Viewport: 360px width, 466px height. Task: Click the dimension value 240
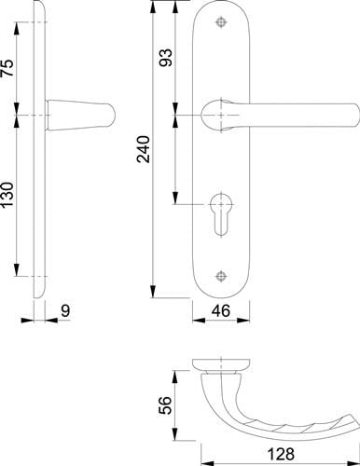[144, 149]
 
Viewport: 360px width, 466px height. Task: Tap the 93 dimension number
[165, 58]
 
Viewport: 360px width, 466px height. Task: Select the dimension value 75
[7, 68]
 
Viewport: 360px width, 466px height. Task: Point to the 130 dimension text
[7, 195]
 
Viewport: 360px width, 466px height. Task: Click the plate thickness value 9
[65, 311]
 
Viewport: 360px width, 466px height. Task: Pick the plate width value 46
[221, 310]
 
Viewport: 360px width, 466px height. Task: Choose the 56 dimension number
[165, 405]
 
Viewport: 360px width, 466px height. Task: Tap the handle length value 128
[281, 455]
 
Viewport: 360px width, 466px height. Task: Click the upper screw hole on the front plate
[221, 22]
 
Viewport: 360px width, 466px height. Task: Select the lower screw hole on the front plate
[221, 276]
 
